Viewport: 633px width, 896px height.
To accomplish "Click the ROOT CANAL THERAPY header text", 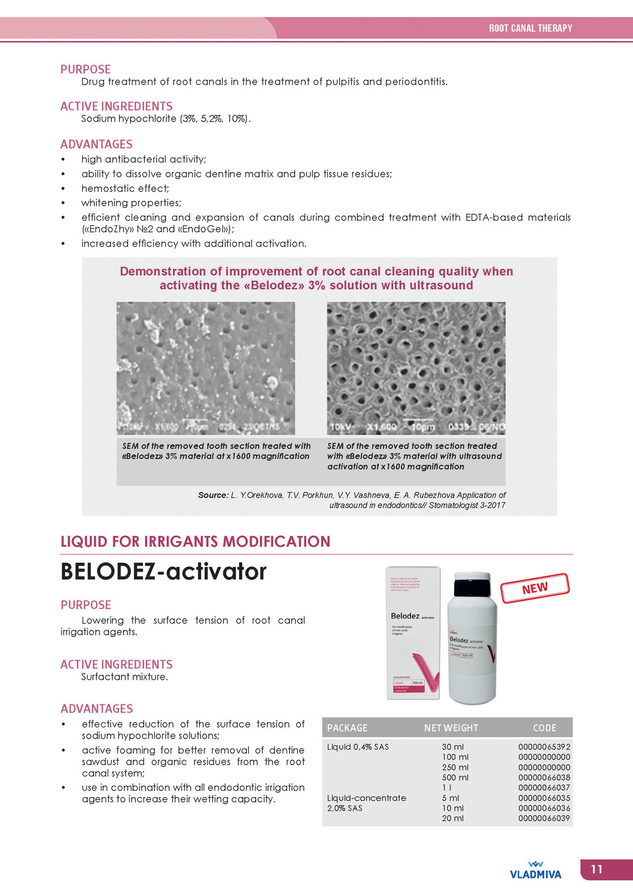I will coord(530,28).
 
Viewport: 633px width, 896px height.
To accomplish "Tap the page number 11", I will coord(596,869).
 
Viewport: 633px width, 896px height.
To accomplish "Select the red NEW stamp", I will coord(534,588).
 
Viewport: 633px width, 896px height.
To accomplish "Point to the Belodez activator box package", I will coord(413,633).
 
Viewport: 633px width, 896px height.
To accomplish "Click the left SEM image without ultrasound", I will coord(206,368).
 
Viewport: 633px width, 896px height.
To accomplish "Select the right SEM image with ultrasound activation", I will coord(416,368).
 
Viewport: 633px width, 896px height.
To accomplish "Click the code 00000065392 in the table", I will coord(544,747).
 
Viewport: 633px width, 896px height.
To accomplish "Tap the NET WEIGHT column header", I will coord(451,728).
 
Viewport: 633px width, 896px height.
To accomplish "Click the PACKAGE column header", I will coord(347,728).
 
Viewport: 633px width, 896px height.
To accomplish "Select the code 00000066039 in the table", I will coord(544,818).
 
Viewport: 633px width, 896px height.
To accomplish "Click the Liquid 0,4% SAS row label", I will coord(358,747).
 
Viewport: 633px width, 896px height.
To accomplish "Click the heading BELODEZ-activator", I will coord(163,572).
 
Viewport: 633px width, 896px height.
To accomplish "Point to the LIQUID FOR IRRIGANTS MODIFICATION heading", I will coord(196,541).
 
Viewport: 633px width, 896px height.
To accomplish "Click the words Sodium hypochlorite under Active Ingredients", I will coord(129,119).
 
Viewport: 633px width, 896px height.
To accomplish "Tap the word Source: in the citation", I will coord(213,495).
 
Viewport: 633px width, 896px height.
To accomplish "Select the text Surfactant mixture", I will coord(125,677).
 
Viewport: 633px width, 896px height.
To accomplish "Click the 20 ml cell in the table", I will coord(453,818).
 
